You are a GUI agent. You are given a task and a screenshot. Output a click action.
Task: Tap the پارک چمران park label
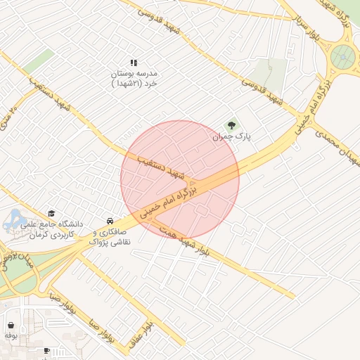pos(232,136)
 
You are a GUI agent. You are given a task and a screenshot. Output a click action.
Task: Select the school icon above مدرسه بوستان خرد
pos(134,63)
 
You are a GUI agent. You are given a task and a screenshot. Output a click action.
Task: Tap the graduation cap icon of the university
pos(51,214)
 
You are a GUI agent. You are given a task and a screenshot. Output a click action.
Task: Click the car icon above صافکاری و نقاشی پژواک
pos(109,221)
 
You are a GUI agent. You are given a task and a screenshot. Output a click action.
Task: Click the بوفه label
pos(11,336)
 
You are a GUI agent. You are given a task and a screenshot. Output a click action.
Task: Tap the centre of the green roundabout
pos(344,56)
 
